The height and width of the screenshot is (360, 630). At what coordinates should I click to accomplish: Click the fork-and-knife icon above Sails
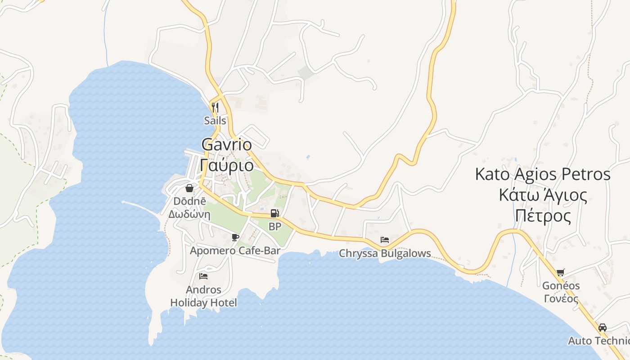[215, 108]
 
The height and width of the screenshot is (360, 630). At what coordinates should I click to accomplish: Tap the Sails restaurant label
[215, 121]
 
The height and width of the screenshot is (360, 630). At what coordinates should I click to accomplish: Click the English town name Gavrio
[226, 144]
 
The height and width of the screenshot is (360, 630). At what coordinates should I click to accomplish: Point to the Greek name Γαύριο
[226, 165]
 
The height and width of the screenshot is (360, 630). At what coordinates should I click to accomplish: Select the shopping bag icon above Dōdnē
[189, 188]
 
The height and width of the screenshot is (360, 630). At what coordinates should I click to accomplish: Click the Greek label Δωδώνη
[189, 214]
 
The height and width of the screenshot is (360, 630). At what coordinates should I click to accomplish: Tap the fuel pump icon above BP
[274, 213]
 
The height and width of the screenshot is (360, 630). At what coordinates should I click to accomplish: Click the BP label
[274, 226]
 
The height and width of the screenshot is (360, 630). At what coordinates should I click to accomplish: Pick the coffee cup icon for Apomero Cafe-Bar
[235, 237]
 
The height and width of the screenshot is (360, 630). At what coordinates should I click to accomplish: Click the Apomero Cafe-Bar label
[235, 251]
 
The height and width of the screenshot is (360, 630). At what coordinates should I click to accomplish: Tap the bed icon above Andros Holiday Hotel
[203, 276]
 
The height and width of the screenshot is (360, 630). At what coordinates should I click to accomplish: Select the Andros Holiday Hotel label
[203, 296]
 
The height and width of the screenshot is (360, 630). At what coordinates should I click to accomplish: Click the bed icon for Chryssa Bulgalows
[385, 239]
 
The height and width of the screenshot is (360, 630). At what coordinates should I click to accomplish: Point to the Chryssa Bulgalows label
[385, 253]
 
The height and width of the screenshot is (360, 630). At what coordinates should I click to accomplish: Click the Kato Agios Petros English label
[543, 174]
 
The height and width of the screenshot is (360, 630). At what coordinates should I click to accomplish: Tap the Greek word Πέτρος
[543, 216]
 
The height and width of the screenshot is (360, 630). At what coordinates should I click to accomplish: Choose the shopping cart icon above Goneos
[560, 272]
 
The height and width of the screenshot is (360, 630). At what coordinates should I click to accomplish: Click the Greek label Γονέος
[561, 298]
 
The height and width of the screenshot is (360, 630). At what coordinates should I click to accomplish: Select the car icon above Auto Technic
[603, 327]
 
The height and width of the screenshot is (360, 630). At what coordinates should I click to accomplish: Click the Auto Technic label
[598, 341]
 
